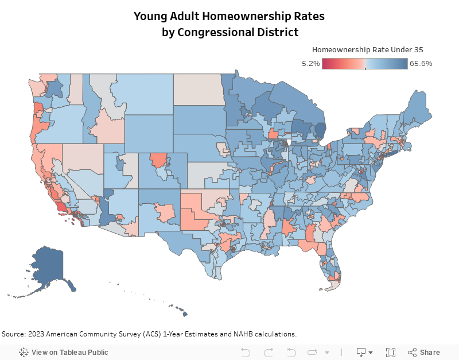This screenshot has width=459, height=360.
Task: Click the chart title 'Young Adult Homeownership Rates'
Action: click(229, 16)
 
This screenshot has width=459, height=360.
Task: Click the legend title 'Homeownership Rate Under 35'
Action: click(367, 50)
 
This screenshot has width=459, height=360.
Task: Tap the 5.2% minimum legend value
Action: click(310, 64)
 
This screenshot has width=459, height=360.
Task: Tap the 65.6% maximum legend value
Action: click(421, 64)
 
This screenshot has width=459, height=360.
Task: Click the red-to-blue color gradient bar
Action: click(365, 64)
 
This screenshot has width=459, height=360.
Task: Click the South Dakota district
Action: click(198, 120)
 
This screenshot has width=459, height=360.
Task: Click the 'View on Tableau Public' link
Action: click(69, 352)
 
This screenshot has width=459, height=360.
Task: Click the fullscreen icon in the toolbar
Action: click(391, 352)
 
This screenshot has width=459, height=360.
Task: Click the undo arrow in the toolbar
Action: click(246, 352)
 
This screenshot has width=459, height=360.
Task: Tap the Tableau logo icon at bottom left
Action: click(24, 352)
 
